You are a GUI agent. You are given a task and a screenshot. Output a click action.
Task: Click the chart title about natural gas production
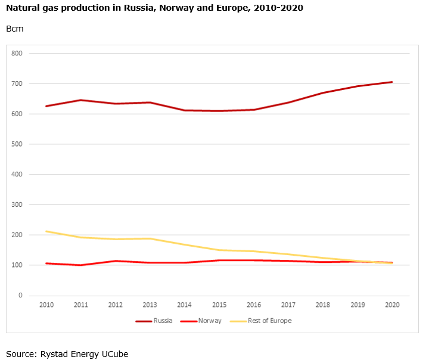154,9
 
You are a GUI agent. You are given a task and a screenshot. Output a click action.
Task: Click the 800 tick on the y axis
17,54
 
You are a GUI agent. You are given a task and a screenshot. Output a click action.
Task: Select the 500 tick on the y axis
17,144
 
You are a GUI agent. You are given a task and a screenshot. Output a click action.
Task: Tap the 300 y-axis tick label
17,204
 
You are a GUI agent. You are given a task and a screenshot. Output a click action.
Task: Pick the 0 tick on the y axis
20,295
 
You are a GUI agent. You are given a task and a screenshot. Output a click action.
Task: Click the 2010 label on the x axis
46,305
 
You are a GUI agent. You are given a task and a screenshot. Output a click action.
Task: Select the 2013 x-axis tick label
150,305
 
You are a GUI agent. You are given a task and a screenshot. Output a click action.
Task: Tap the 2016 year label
254,305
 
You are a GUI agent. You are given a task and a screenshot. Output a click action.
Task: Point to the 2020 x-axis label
392,305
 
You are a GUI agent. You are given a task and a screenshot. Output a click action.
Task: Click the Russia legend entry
163,321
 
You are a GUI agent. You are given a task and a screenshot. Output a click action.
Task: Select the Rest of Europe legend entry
269,321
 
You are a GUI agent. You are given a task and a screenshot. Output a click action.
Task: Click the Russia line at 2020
392,82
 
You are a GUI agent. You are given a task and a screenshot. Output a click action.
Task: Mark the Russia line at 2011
81,100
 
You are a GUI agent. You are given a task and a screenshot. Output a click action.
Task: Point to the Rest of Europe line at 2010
46,231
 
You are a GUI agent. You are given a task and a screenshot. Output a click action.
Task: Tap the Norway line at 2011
81,265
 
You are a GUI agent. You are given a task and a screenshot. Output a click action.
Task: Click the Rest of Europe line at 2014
185,244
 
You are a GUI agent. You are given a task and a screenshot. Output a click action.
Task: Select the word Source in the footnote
20,353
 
